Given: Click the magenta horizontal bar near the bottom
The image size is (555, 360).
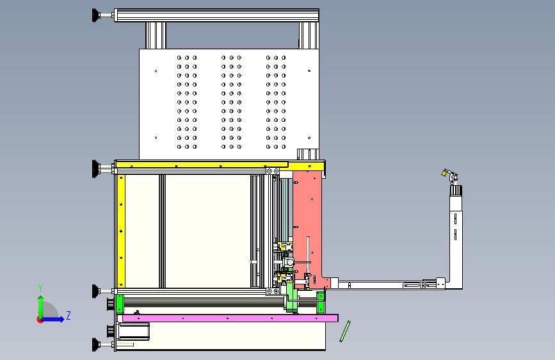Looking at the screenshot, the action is [x=230, y=318].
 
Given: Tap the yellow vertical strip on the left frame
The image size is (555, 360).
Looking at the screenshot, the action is [x=121, y=231].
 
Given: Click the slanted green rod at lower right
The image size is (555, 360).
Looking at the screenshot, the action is [x=345, y=331].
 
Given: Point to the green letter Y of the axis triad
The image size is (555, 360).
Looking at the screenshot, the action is [x=40, y=288].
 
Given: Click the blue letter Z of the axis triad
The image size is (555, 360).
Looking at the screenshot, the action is [x=68, y=315].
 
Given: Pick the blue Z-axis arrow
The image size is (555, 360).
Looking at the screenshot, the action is [x=53, y=319].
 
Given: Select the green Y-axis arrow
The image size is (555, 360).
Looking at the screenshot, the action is [x=41, y=307].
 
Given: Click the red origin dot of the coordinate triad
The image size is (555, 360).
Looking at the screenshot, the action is [x=40, y=320].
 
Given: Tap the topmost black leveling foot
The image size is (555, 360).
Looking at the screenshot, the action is [x=95, y=15].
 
